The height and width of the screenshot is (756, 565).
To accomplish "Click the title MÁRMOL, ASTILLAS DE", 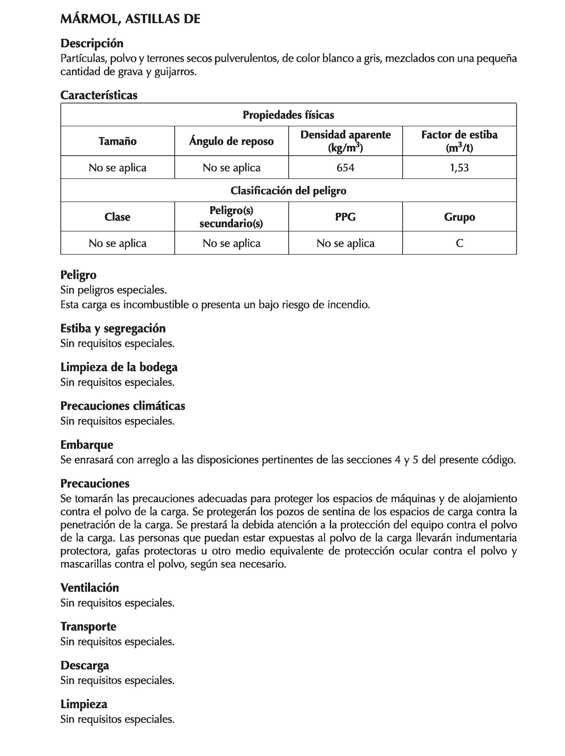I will click(x=130, y=19).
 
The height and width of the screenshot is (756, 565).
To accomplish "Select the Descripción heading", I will click(x=91, y=43).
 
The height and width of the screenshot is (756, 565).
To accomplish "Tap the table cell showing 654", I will click(x=345, y=167).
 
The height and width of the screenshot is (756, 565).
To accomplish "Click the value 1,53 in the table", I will click(x=459, y=167).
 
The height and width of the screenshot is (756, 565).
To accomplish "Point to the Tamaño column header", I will click(x=118, y=141).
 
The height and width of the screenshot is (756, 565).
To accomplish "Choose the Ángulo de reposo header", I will click(x=231, y=141).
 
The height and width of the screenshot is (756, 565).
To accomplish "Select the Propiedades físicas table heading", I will click(x=288, y=115).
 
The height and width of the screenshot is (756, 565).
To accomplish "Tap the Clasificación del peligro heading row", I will click(x=288, y=190).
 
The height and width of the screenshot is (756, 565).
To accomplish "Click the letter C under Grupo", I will click(x=459, y=243).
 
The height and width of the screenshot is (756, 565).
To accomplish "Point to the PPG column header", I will click(x=345, y=217).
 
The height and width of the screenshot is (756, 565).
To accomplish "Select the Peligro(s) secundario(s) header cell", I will click(x=231, y=217).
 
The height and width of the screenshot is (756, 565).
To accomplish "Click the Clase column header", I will click(x=118, y=217).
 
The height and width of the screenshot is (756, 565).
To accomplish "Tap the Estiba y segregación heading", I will click(x=113, y=328).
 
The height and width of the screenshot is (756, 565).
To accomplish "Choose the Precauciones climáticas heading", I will click(x=122, y=406).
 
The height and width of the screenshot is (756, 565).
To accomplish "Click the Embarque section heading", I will click(x=87, y=445).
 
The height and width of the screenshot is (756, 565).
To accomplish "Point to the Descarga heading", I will click(x=85, y=665).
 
